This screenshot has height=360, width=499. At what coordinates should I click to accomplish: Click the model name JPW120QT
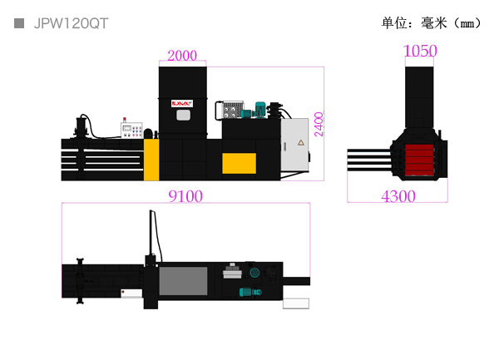[71, 23]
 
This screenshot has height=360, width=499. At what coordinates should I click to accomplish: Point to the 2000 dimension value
[181, 56]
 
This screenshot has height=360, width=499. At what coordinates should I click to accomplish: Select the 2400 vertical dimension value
[319, 126]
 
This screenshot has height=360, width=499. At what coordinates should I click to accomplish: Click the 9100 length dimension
[185, 196]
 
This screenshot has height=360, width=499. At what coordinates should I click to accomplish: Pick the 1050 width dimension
[420, 51]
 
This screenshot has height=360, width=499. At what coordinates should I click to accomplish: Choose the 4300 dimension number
[398, 196]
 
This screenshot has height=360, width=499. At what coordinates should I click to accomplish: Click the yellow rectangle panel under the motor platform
[240, 163]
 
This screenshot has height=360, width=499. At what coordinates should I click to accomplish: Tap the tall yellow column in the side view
[151, 160]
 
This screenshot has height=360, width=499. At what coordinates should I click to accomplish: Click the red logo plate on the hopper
[181, 103]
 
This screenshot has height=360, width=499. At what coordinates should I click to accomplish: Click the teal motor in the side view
[260, 107]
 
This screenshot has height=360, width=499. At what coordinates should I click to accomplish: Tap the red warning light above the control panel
[123, 118]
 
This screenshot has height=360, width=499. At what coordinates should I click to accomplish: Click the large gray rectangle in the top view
[183, 280]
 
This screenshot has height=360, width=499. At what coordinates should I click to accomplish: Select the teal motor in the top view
[248, 291]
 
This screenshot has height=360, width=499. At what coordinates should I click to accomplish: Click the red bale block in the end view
[419, 159]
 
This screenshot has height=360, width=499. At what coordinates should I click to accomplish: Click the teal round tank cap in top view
[254, 272]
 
